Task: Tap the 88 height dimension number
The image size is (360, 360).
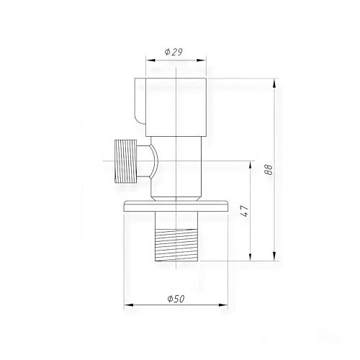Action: coord(269,170)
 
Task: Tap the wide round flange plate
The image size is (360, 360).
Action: coord(177,205)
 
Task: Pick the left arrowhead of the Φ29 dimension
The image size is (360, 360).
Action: coord(148,61)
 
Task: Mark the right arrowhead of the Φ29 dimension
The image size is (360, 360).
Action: coord(204,61)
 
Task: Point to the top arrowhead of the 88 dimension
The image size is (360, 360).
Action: coord(274,81)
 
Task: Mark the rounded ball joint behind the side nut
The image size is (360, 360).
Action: coord(152,161)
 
